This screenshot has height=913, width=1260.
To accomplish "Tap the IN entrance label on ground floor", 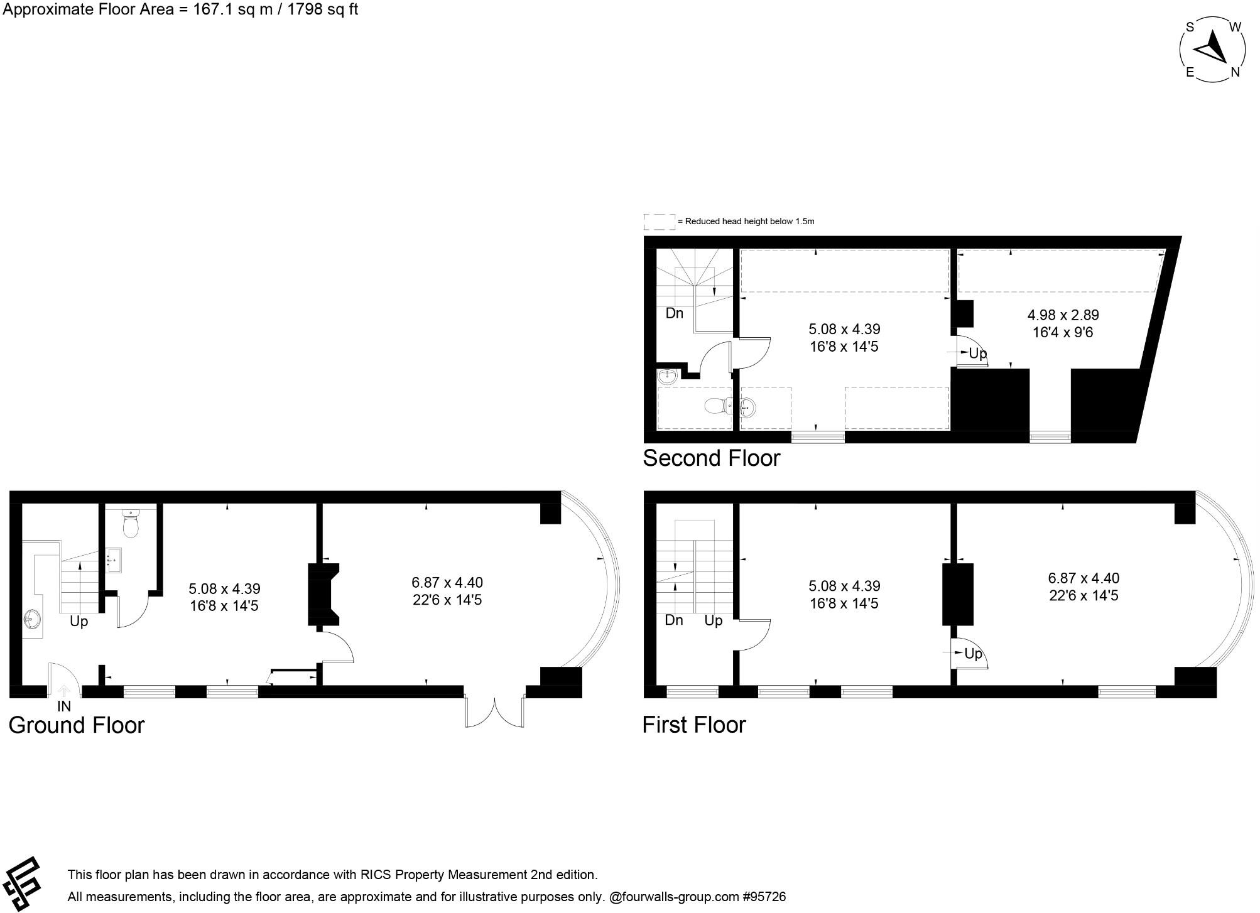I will tap(64, 706).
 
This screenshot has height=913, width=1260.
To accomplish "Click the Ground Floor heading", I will tap(77, 725).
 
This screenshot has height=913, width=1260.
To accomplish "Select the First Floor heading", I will tap(694, 725).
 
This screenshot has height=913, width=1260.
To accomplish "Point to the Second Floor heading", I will tap(711, 458).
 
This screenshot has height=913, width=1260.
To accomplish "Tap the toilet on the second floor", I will tap(716, 406).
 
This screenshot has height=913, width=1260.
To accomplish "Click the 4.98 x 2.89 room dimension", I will tap(1063, 315).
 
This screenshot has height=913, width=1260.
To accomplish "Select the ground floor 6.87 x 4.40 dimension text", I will tap(447, 583).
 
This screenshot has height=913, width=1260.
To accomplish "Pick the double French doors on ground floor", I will tap(495, 711).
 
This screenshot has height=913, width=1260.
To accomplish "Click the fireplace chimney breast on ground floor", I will tap(323, 595).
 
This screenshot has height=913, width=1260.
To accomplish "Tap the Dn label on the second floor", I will tap(674, 313).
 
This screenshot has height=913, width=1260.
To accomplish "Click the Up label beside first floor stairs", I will tap(713, 621).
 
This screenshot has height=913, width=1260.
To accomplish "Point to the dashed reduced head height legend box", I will tap(659, 222).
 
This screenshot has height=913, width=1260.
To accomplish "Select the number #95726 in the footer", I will tap(763, 897).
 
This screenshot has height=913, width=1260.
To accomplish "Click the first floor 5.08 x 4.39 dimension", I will tap(844, 586).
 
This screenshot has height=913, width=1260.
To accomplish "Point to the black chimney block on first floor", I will tap(957, 594).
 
